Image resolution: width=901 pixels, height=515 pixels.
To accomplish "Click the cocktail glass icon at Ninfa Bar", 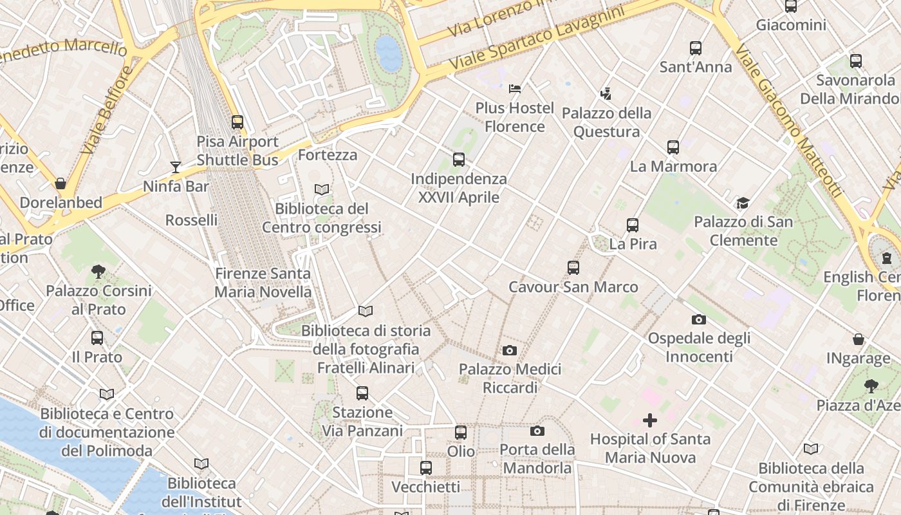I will [176, 167].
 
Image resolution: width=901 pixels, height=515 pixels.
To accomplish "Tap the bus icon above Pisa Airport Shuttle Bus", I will [237, 122].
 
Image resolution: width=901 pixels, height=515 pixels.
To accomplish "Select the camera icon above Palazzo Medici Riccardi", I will [510, 350].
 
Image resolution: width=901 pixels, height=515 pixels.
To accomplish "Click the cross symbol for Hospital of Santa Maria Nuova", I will [650, 420].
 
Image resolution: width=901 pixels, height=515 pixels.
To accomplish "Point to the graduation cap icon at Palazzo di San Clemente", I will [743, 203].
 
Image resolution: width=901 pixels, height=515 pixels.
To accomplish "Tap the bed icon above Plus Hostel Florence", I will [515, 89].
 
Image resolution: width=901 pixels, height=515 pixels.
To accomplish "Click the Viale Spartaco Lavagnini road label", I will [537, 40].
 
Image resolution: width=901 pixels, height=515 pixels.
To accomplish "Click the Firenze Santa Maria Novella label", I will [263, 283].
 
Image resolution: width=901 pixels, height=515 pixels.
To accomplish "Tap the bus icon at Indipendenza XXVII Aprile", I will [459, 160].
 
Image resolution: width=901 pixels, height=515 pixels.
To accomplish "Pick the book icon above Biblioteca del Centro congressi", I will [321, 189].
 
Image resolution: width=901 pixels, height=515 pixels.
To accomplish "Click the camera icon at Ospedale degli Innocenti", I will [698, 319].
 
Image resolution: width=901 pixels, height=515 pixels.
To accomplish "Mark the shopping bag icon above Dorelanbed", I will [60, 183].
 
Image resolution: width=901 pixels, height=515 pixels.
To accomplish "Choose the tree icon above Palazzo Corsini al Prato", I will [98, 272].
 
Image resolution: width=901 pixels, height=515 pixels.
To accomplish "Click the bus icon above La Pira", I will [633, 225].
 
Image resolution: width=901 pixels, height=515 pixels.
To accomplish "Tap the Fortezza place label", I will [328, 155].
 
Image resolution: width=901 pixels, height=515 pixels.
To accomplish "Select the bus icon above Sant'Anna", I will [696, 48].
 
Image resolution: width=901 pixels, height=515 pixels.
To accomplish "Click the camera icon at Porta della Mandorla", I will [537, 431].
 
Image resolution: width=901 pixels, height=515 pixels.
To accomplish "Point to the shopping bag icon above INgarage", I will [858, 339].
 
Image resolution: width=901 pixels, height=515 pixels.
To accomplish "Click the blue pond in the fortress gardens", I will [389, 53].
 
